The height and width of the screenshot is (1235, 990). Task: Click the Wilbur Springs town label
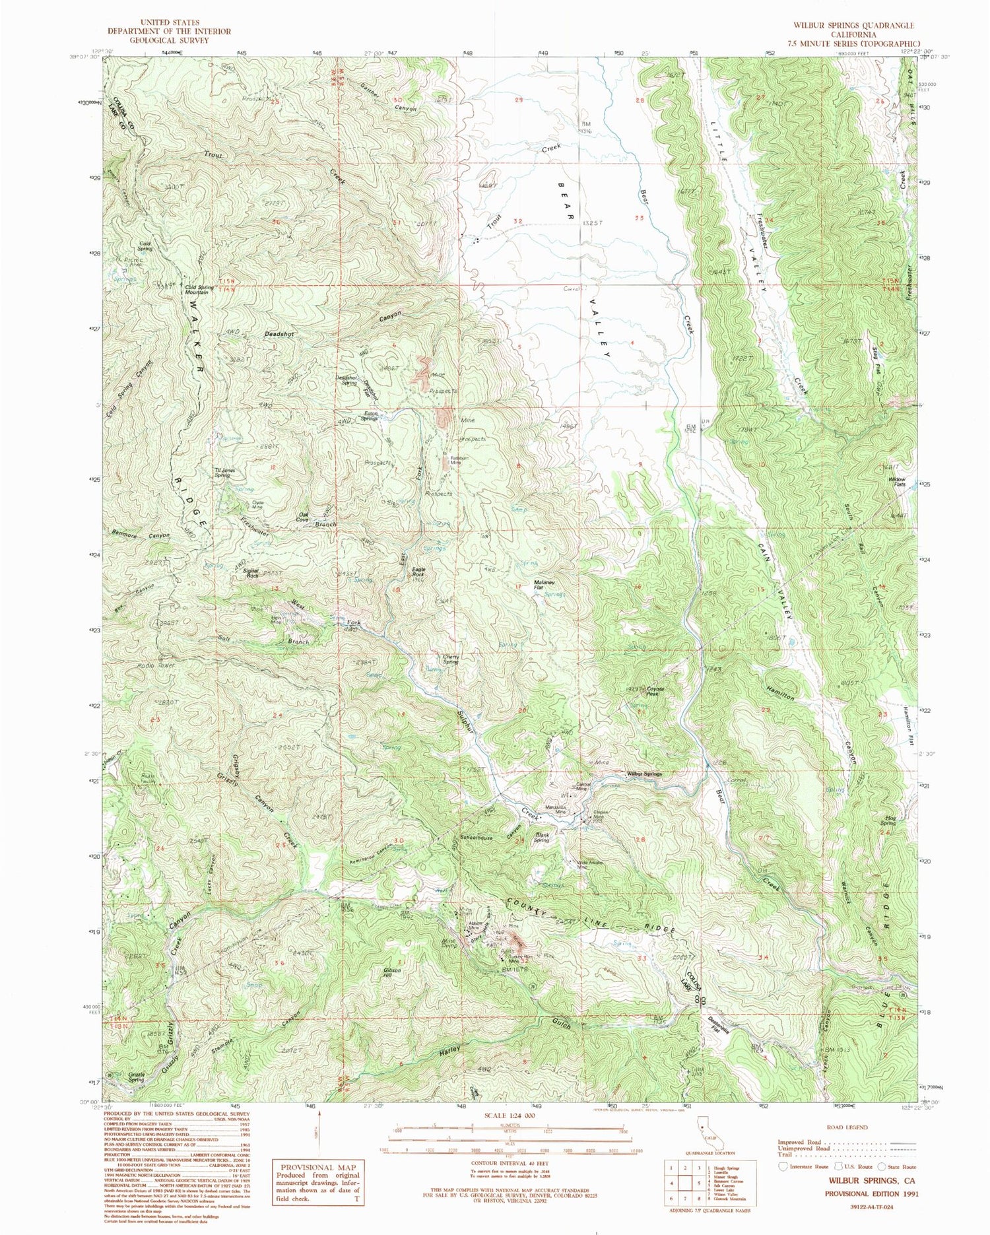click(x=643, y=774)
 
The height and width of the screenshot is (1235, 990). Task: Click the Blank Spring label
click(x=542, y=838)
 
